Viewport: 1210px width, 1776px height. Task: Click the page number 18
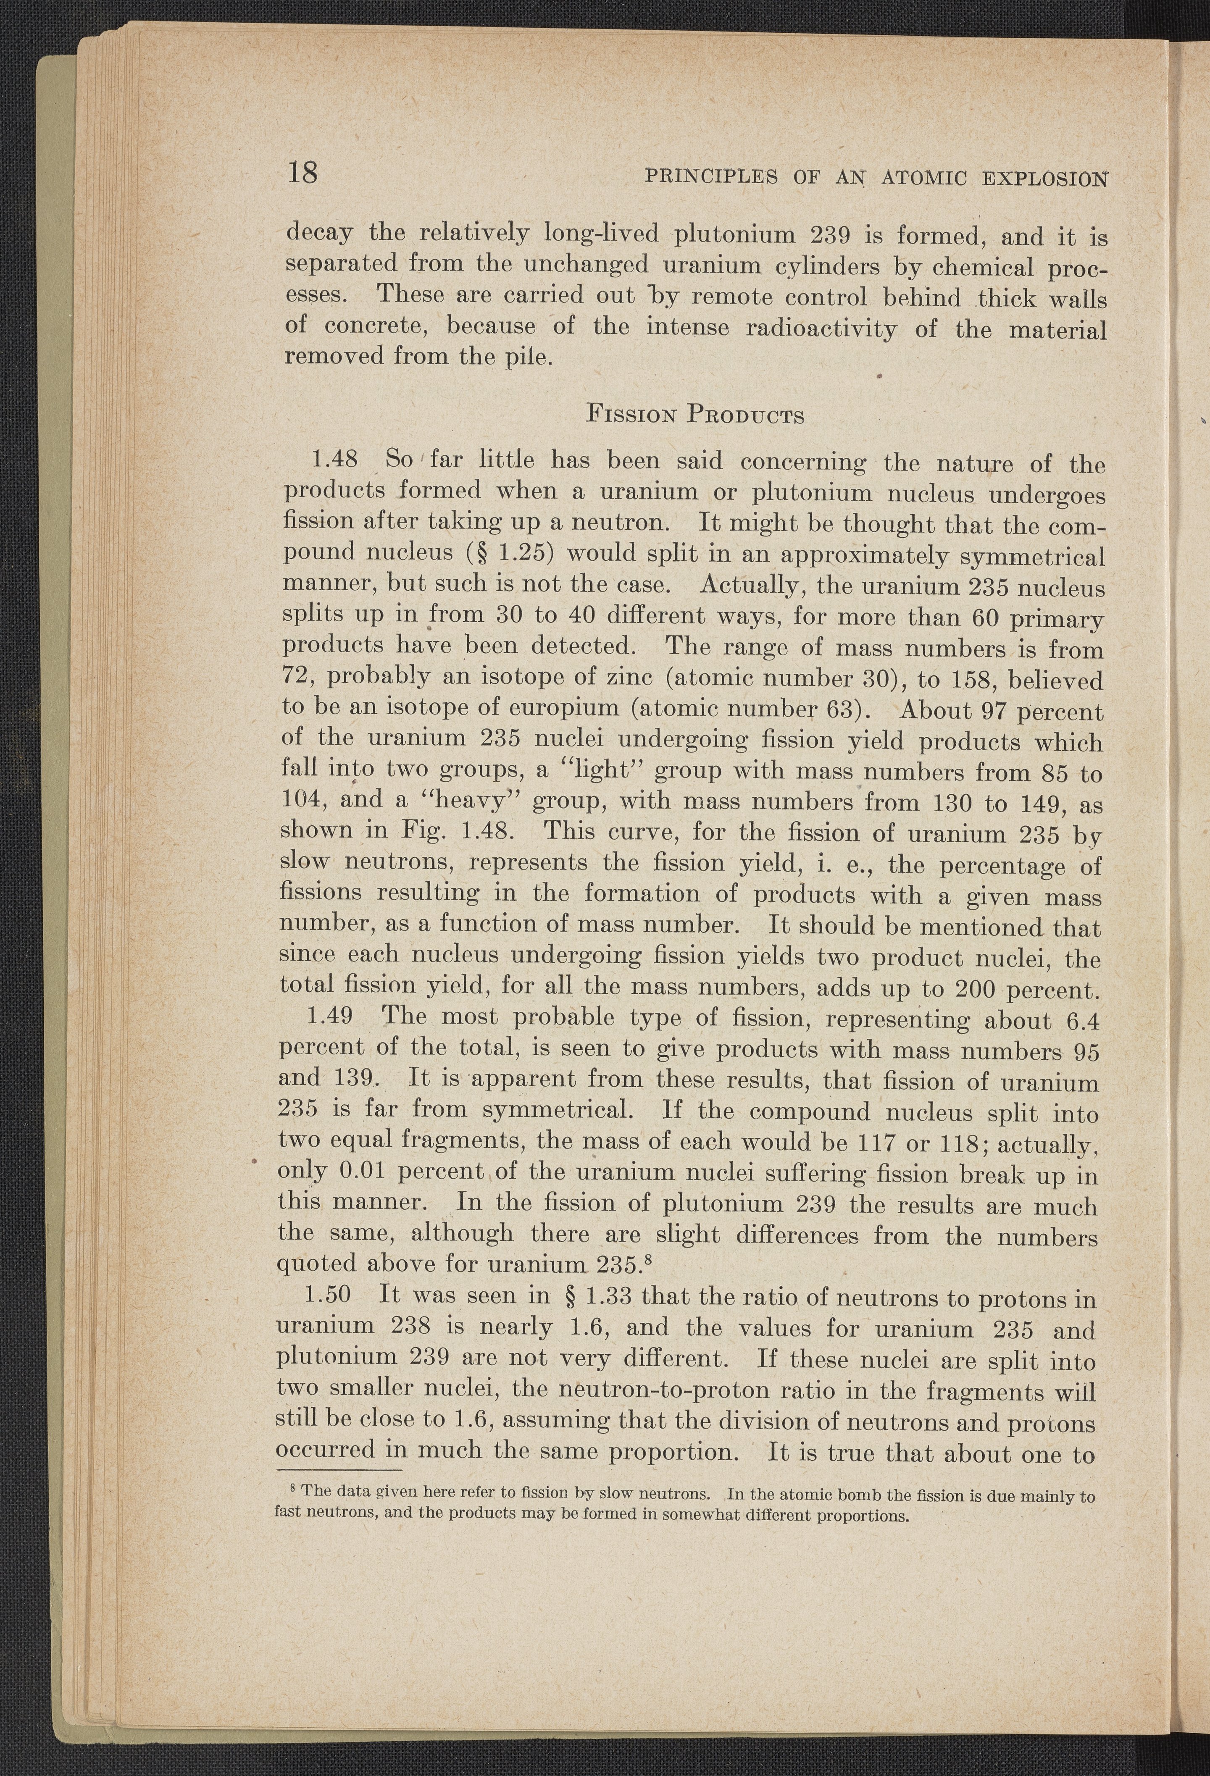click(302, 173)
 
